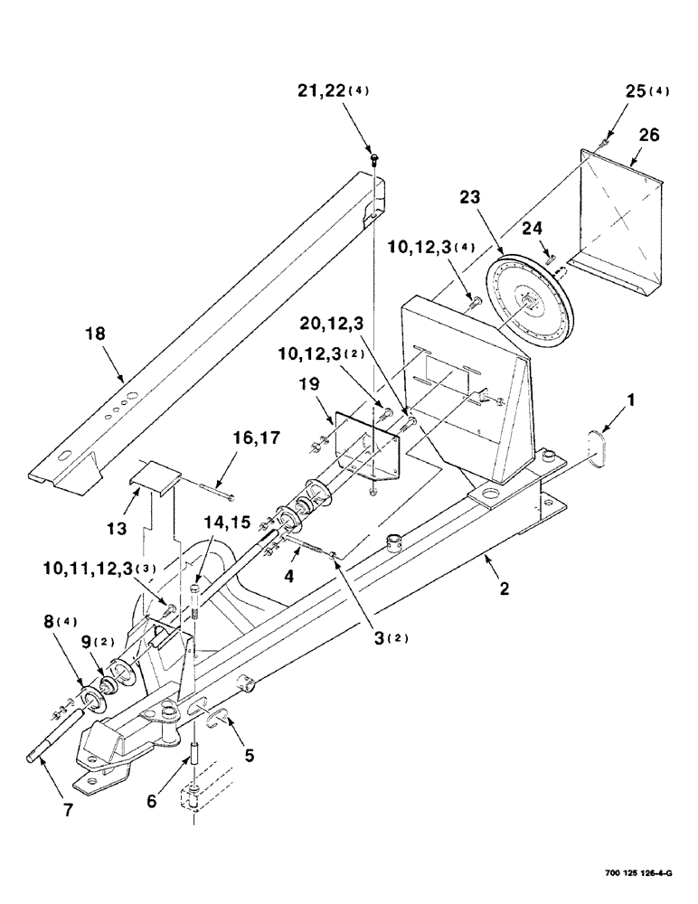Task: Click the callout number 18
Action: click(x=95, y=334)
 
